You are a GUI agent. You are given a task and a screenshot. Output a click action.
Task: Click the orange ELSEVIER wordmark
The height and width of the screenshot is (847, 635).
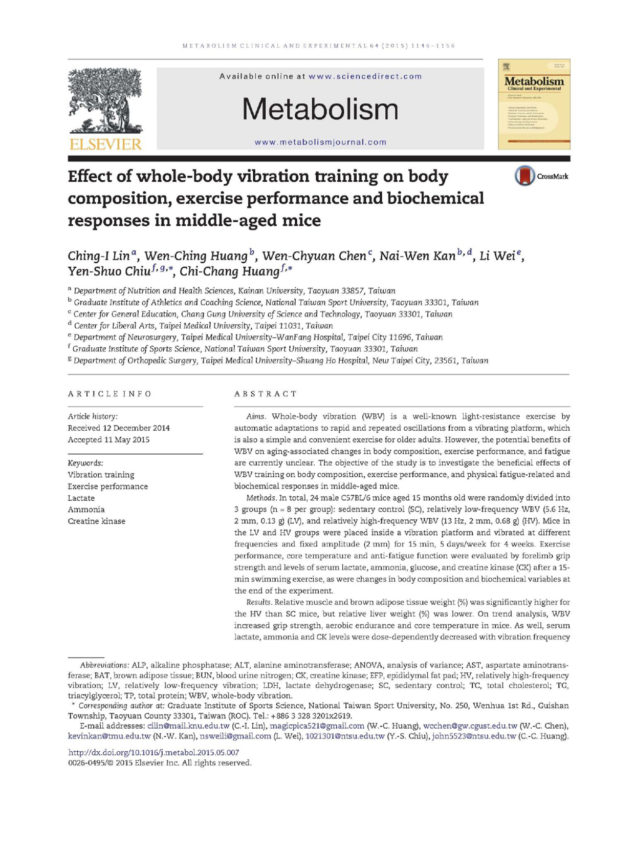105,144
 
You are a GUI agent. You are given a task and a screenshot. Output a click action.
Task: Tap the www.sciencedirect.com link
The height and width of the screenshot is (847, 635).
365,76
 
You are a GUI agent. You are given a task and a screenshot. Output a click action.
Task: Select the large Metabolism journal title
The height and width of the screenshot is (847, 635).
320,109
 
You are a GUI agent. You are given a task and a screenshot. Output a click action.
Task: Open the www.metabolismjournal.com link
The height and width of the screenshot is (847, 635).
320,142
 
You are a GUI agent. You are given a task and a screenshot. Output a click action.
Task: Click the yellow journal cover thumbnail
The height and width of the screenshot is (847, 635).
534,104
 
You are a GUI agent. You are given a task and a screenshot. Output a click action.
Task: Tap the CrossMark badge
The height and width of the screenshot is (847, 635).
541,176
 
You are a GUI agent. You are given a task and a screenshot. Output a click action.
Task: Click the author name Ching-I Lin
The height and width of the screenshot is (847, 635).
99,256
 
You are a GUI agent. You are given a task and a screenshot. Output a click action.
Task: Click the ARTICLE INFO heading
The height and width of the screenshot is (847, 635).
110,394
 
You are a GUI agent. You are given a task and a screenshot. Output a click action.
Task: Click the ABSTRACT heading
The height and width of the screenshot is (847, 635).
266,394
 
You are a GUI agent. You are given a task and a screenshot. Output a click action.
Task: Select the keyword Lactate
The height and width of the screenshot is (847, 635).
81,498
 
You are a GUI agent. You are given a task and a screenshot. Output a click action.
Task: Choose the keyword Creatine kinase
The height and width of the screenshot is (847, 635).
97,521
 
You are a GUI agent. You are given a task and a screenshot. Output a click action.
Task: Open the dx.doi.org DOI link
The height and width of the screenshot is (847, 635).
154,752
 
